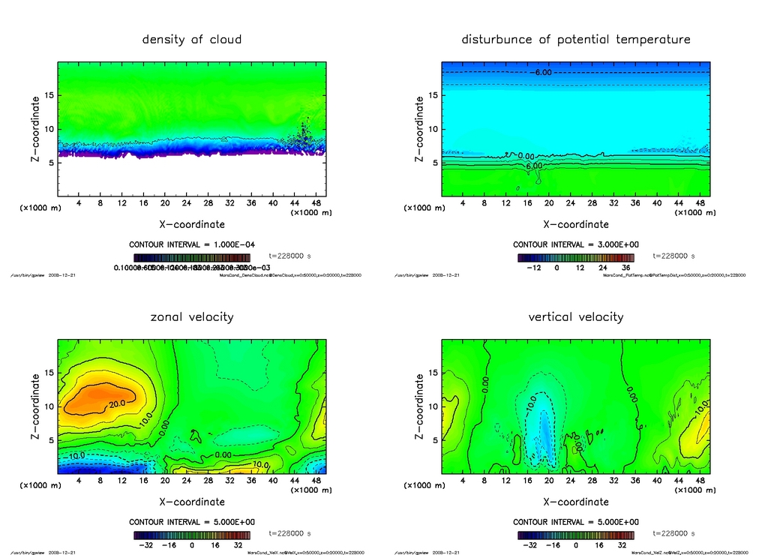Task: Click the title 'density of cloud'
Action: (x=192, y=40)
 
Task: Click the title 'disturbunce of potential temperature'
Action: (x=576, y=40)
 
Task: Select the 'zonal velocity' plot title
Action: (x=192, y=317)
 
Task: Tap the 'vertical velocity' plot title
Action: (x=576, y=317)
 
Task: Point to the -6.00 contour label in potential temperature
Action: (x=541, y=73)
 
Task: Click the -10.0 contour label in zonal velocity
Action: (x=76, y=455)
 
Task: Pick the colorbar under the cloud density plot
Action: (x=192, y=257)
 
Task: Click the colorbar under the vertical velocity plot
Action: (x=576, y=535)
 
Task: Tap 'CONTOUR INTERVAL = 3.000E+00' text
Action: (x=576, y=244)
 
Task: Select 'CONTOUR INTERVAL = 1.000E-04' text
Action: (x=192, y=244)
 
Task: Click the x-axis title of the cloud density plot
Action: (x=192, y=224)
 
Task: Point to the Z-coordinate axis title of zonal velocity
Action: (x=34, y=406)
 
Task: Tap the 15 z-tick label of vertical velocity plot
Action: (x=432, y=373)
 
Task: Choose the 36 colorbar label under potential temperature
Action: (x=625, y=268)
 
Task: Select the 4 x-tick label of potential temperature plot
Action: (x=463, y=203)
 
